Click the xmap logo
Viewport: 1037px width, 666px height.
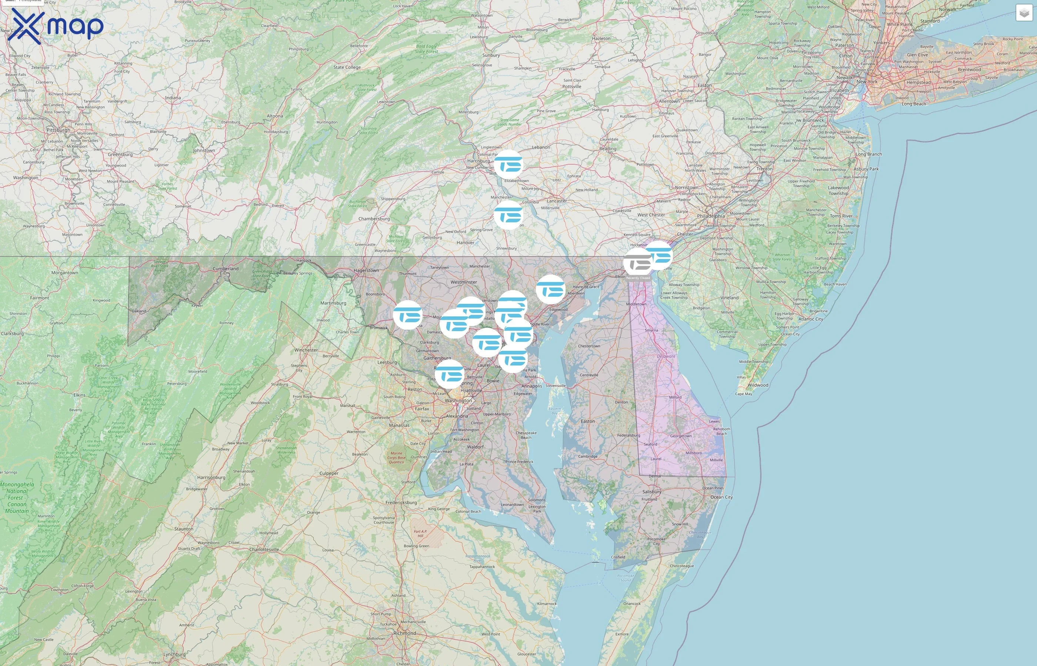point(56,26)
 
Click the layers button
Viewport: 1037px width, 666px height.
point(1024,13)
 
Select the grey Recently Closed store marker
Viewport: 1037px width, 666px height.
point(637,262)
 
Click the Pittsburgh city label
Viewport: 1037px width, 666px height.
point(58,130)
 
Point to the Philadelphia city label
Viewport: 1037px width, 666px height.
point(711,216)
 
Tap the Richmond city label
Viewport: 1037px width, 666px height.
point(405,633)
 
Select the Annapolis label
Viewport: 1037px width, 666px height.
point(531,386)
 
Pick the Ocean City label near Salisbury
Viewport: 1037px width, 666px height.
point(721,497)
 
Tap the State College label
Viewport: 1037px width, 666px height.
point(347,67)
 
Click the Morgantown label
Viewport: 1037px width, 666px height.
point(64,273)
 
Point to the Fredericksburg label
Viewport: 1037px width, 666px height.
point(401,502)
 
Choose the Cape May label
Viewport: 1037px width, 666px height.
point(744,394)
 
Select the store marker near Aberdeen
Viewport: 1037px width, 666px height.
point(550,289)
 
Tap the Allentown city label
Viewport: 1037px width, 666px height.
point(669,101)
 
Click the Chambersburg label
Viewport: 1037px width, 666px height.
point(374,219)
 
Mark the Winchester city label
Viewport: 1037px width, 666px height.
point(306,350)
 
